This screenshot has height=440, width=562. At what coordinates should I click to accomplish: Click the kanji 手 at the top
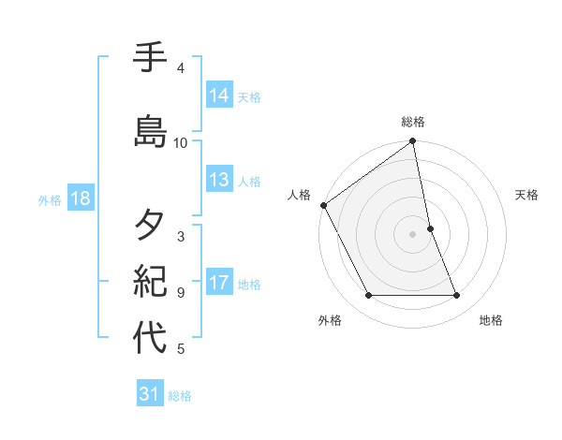click(x=150, y=59)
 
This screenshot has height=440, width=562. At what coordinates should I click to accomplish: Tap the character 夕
click(x=150, y=225)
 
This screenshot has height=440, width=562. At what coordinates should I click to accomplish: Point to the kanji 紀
click(x=150, y=279)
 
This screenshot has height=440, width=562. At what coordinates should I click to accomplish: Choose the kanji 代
click(x=150, y=338)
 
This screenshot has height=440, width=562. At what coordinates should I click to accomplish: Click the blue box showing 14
click(x=219, y=95)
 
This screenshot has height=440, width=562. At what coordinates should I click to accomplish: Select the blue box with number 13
click(x=219, y=180)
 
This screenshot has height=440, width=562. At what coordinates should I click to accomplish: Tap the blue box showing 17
click(x=219, y=284)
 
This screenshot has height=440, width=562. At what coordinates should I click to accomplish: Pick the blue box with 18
click(x=79, y=199)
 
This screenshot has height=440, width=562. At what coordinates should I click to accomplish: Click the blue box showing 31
click(x=150, y=394)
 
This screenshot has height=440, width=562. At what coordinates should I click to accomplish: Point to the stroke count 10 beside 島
click(x=181, y=142)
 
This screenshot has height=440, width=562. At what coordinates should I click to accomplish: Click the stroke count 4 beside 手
click(x=181, y=67)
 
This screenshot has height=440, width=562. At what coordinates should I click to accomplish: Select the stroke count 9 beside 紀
click(x=181, y=292)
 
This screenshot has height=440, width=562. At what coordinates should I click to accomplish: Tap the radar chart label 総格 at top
click(x=413, y=122)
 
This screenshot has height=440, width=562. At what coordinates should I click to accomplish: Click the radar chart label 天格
click(x=526, y=195)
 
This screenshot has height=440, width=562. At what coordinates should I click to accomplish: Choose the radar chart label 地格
click(x=491, y=320)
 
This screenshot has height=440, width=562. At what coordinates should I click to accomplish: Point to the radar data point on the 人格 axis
click(x=323, y=205)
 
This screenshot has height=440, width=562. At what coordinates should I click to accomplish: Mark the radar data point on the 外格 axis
click(x=368, y=296)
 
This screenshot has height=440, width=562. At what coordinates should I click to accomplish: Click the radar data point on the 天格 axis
click(x=430, y=228)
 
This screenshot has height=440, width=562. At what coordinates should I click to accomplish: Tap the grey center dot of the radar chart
click(x=413, y=234)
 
